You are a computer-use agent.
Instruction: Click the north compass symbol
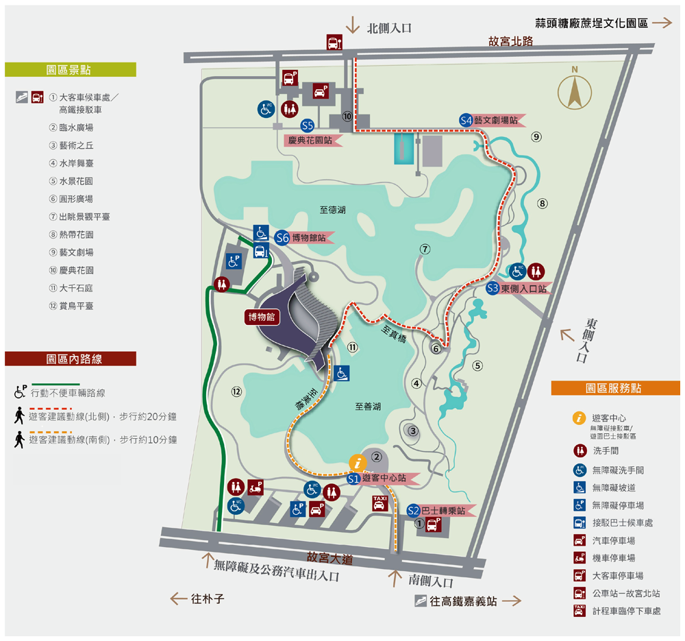[575, 89]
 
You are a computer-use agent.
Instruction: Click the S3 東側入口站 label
[519, 289]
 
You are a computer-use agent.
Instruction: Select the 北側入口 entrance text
[389, 28]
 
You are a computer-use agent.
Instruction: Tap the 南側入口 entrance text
[431, 582]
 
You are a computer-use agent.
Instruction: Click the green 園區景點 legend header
[70, 70]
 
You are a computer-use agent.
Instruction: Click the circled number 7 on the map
[425, 249]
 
